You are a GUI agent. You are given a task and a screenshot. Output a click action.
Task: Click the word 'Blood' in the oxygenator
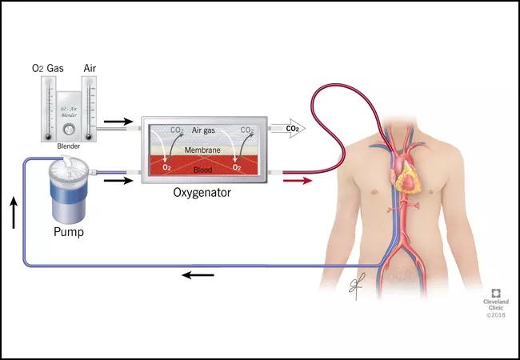(x=204, y=170)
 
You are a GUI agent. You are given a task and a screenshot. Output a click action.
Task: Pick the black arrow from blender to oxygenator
(x=118, y=122)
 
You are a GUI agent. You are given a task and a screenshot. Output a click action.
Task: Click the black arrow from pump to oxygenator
(x=118, y=180)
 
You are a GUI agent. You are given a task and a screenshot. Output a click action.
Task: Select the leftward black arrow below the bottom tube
(x=198, y=275)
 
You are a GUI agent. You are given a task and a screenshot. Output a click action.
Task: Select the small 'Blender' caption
(x=68, y=146)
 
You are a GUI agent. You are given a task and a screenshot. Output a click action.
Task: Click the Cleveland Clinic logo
(x=496, y=292)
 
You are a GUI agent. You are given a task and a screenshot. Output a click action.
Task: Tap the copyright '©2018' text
(x=497, y=316)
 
